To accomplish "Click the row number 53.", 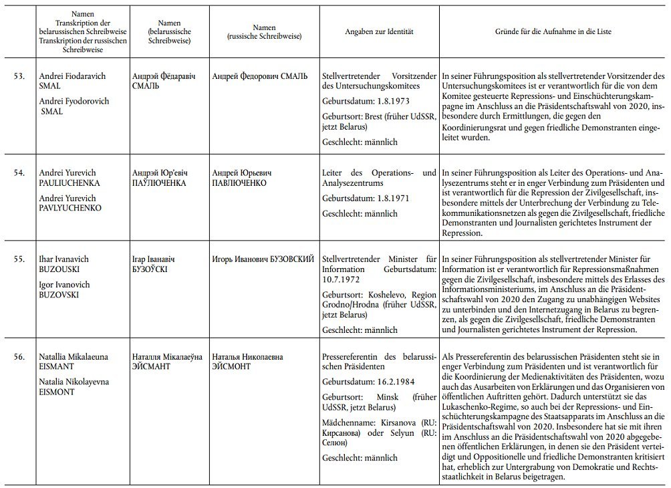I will click(19, 76).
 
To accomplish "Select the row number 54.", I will click(19, 172).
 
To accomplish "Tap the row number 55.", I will click(19, 258).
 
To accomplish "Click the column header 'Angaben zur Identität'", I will click(379, 31).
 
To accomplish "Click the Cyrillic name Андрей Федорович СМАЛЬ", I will click(259, 76).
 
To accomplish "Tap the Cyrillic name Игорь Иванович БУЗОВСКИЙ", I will click(263, 258).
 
